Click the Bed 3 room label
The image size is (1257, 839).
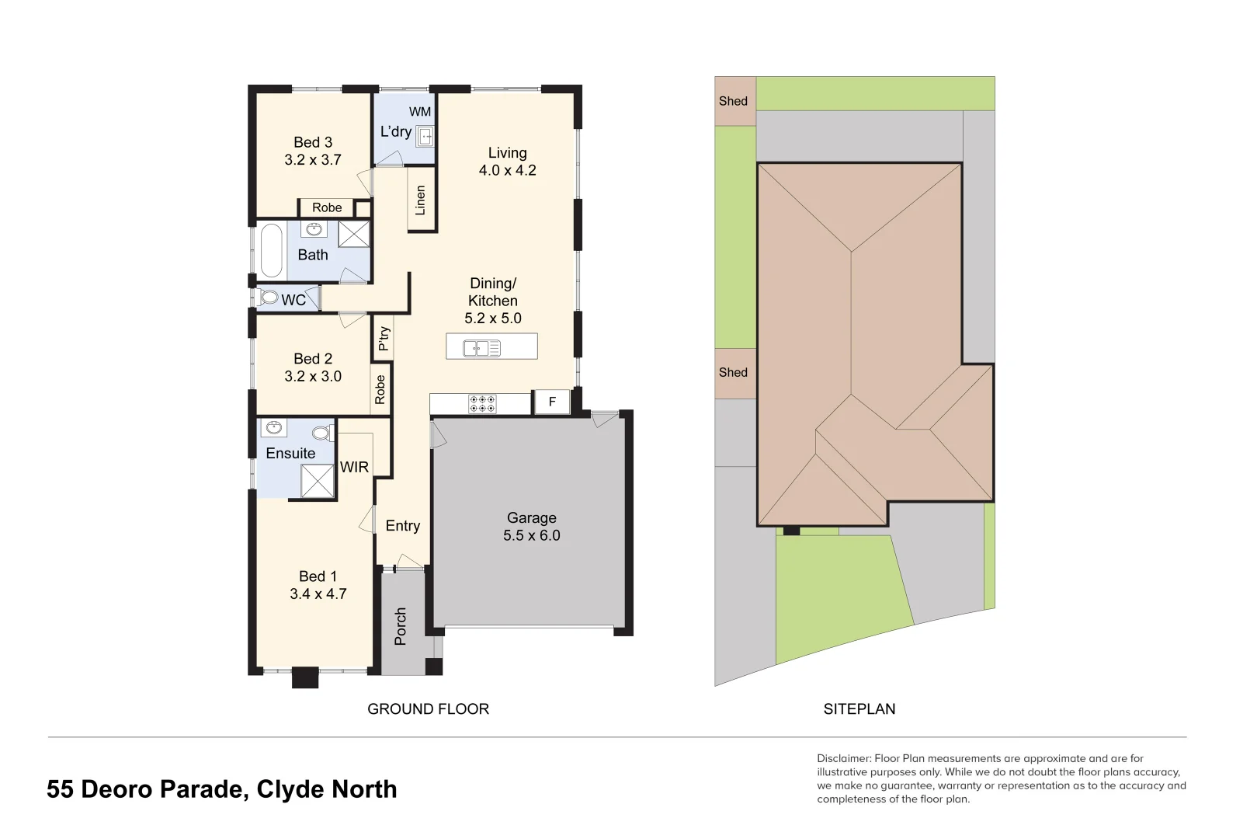point(313,143)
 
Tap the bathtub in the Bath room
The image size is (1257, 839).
point(271,250)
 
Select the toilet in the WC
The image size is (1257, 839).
point(269,298)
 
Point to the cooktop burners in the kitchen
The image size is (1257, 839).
point(482,404)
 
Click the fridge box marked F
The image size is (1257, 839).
point(552,402)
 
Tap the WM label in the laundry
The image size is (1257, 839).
point(420,112)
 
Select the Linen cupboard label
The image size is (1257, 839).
point(421,200)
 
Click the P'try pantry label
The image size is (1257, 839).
point(384,338)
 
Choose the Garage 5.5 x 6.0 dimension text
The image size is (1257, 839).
point(531,535)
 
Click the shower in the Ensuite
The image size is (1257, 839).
point(318,481)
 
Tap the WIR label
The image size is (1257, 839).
point(354,467)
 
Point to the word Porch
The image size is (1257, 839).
point(401,626)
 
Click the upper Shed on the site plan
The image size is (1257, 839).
point(734,101)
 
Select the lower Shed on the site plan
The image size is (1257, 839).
point(734,372)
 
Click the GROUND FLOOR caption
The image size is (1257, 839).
point(428,709)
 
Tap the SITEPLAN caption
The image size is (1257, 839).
point(859,709)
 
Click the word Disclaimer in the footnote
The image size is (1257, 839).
point(843,758)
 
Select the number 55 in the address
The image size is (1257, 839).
point(60,789)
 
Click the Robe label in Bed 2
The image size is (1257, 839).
point(380,389)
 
